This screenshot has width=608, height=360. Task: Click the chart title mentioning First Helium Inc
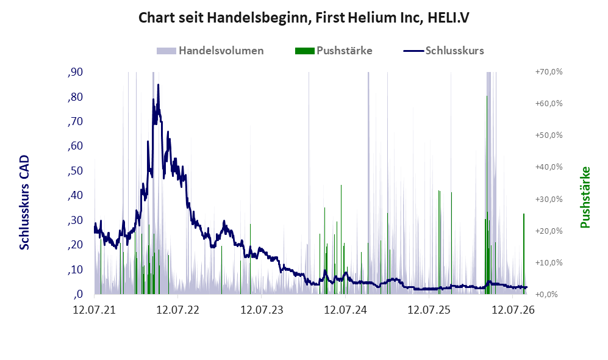click(x=304, y=18)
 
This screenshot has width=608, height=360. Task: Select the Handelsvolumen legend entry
click(x=210, y=51)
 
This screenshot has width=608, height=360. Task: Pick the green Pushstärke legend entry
click(x=334, y=51)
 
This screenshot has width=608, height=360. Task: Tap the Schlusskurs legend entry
click(x=443, y=51)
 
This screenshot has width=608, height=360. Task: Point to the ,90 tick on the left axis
click(x=75, y=72)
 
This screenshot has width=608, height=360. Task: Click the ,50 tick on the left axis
click(x=75, y=171)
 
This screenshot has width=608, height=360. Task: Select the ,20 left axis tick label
click(x=75, y=245)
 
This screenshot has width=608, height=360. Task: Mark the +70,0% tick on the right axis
click(x=549, y=72)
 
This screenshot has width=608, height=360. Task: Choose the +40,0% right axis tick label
click(x=549, y=167)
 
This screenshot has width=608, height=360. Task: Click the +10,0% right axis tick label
click(x=549, y=262)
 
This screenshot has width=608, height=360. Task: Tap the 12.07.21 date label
click(x=95, y=310)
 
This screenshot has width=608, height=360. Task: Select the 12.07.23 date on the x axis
click(x=262, y=310)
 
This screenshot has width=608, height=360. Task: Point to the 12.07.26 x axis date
click(x=513, y=310)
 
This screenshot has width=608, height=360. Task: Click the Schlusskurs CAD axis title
click(x=24, y=203)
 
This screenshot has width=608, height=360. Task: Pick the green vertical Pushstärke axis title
click(x=585, y=198)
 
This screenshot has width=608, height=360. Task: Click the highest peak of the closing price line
click(x=158, y=85)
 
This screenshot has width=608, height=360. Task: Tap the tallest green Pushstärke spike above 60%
click(x=487, y=96)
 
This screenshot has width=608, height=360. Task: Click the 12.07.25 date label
click(x=429, y=310)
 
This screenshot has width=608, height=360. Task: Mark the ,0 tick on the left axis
click(x=77, y=294)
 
